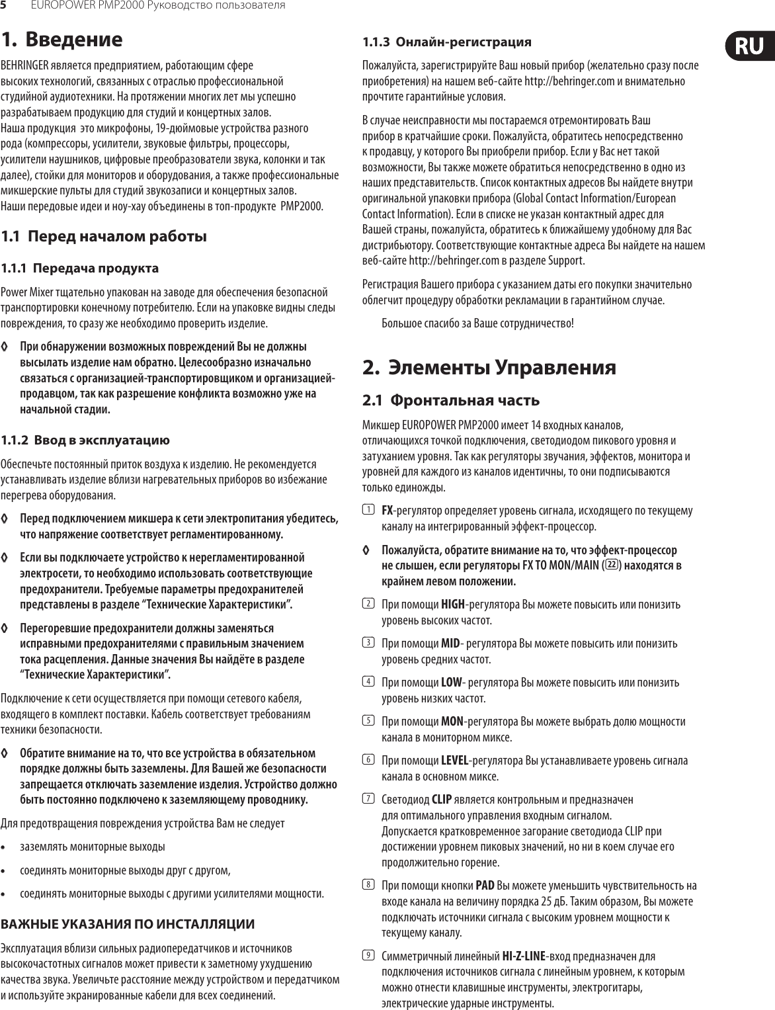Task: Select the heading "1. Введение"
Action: pos(61,39)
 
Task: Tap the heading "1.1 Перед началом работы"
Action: pos(104,236)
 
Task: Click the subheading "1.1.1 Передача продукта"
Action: pos(80,269)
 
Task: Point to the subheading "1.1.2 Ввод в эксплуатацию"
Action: pos(85,440)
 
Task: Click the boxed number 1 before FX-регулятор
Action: pos(367,511)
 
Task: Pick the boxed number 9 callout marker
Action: pos(367,955)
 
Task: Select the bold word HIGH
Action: pos(452,605)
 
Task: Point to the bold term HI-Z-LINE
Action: pos(524,956)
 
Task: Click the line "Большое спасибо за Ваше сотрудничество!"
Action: pos(478,323)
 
